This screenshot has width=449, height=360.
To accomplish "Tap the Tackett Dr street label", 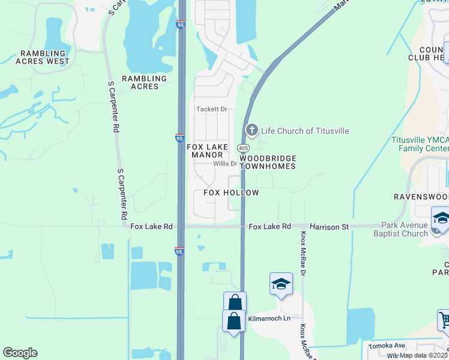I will [x=212, y=109].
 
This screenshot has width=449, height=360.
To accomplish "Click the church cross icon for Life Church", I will [x=252, y=130].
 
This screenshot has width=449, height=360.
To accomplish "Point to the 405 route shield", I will [x=243, y=148].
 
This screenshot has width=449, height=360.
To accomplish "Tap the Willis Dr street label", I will [x=225, y=164].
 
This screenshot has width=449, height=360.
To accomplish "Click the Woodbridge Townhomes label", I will [x=268, y=162].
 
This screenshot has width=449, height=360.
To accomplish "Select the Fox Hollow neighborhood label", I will [x=231, y=193].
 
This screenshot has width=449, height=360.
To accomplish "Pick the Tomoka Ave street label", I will [x=387, y=345].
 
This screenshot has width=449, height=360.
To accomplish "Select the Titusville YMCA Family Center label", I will [x=420, y=143].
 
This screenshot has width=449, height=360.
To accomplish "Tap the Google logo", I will [x=20, y=353].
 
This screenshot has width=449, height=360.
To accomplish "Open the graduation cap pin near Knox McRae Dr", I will [x=281, y=285].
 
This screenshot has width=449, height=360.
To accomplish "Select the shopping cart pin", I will [x=444, y=322].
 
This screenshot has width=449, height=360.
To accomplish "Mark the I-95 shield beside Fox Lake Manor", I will [x=180, y=137].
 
